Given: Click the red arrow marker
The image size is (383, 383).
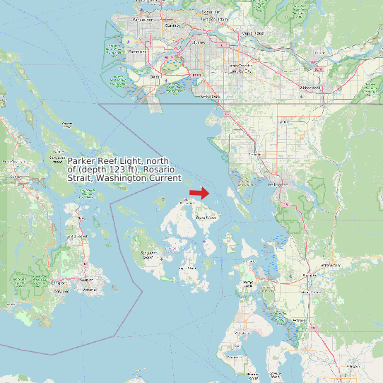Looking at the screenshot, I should tap(199, 193).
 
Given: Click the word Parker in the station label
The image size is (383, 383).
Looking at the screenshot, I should tap(81, 160).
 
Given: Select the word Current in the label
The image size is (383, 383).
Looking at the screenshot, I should tap(163, 177).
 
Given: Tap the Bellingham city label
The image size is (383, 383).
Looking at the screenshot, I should tap(280, 185).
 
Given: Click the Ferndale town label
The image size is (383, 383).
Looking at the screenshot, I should tap(255, 154).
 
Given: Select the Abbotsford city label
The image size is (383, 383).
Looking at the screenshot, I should tap(310, 88).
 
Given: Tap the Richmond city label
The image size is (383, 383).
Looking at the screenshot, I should tap(138, 52).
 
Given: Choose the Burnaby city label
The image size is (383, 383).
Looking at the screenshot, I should tap(172, 25).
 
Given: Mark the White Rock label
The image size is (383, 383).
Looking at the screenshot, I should tap(210, 96).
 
